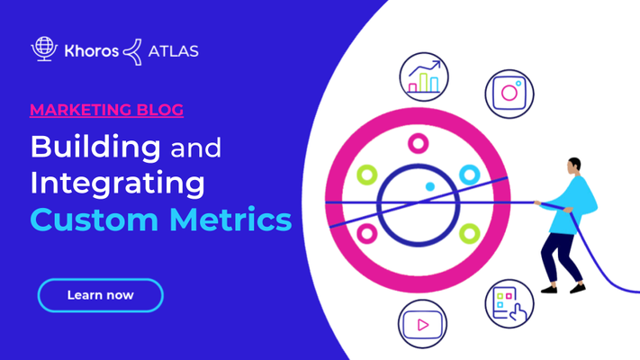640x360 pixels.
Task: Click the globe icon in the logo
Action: pyautogui.click(x=44, y=49)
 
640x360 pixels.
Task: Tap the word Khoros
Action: pyautogui.click(x=92, y=51)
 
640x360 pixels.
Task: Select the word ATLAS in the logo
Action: pyautogui.click(x=174, y=51)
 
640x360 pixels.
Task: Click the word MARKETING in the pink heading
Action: pyautogui.click(x=80, y=110)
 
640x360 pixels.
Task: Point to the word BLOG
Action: pyautogui.click(x=160, y=110)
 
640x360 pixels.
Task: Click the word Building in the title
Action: pyautogui.click(x=96, y=148)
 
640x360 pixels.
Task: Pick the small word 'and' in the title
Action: pyautogui.click(x=196, y=148)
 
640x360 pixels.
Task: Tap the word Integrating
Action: pyautogui.click(x=118, y=184)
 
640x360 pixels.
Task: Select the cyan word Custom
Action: pyautogui.click(x=95, y=220)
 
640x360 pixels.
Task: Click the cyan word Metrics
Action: pyautogui.click(x=230, y=220)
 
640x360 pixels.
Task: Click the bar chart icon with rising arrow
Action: pyautogui.click(x=424, y=76)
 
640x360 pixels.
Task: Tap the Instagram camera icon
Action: pyautogui.click(x=509, y=94)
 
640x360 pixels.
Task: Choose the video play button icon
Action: pyautogui.click(x=422, y=324)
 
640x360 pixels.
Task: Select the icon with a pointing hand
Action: pyautogui.click(x=509, y=303)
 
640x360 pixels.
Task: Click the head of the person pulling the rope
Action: pyautogui.click(x=573, y=166)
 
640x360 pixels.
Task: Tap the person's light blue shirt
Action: pyautogui.click(x=571, y=205)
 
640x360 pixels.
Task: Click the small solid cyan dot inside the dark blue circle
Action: pyautogui.click(x=429, y=186)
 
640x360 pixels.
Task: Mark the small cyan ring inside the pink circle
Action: pyautogui.click(x=470, y=175)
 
